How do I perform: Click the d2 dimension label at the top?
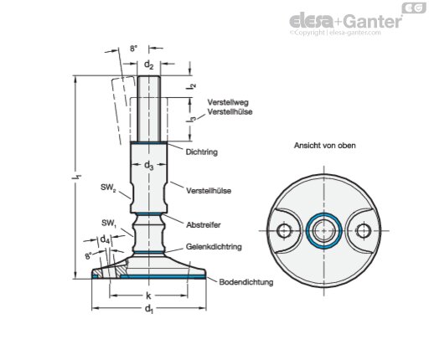[148, 64]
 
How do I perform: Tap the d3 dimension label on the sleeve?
[148, 166]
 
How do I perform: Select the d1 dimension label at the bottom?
[148, 309]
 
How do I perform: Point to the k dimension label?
[148, 296]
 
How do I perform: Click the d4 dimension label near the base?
[105, 239]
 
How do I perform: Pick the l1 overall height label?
[79, 177]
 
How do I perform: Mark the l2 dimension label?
[191, 86]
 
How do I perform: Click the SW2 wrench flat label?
[108, 188]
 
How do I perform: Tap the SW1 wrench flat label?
[109, 224]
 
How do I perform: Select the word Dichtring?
[202, 152]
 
